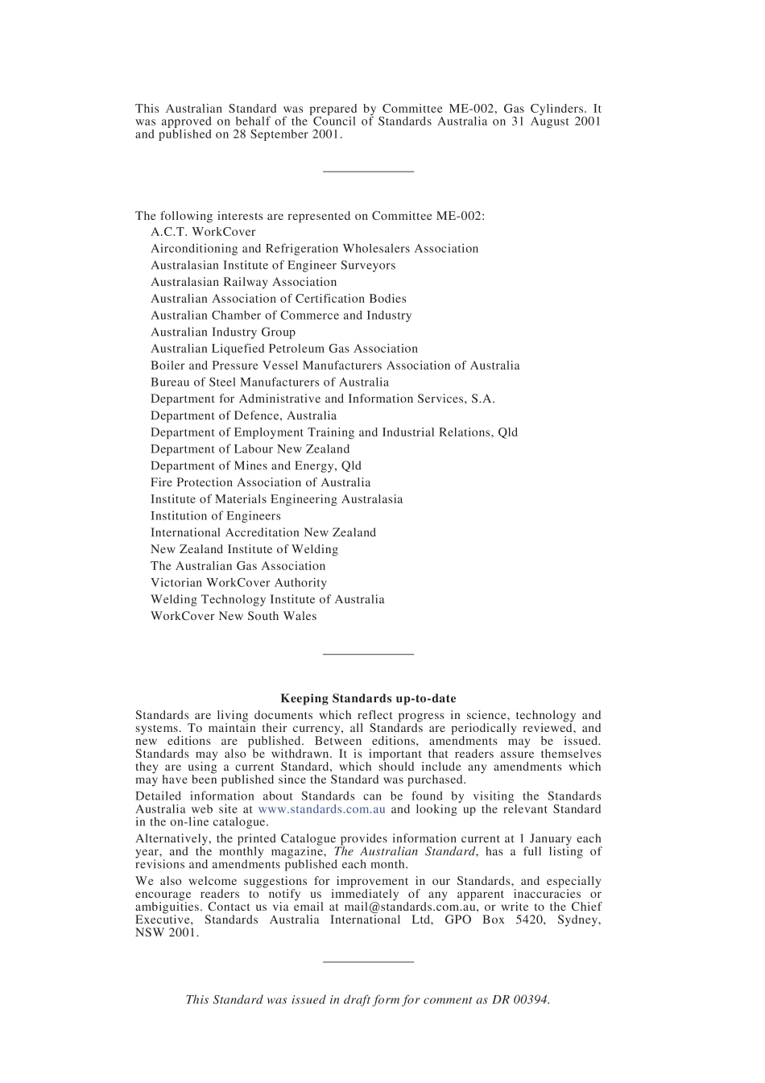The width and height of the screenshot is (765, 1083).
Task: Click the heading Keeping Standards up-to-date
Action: click(368, 698)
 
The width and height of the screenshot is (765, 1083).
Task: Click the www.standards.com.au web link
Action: click(321, 809)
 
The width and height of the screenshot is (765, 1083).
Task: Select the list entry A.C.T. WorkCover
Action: click(203, 232)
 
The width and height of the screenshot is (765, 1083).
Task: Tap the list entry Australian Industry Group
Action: click(223, 332)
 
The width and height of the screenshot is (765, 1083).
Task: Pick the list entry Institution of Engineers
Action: click(216, 515)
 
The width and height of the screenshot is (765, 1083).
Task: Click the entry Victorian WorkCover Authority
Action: click(238, 582)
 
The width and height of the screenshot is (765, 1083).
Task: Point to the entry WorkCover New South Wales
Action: click(234, 616)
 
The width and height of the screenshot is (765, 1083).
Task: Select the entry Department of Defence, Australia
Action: click(243, 415)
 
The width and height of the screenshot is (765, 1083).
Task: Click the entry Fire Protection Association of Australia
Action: click(260, 482)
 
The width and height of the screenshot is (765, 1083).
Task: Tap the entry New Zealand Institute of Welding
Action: click(244, 549)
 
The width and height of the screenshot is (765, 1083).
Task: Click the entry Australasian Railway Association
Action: click(243, 282)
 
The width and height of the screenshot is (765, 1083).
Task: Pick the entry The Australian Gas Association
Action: click(238, 566)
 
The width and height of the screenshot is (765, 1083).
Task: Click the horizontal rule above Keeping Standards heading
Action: click(368, 654)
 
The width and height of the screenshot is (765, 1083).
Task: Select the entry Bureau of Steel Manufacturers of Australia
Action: click(269, 382)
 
